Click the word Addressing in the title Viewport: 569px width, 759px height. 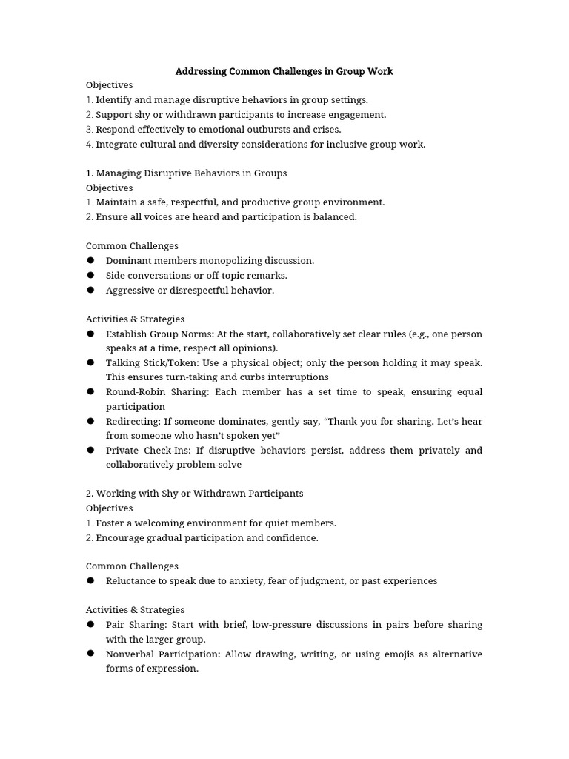point(200,72)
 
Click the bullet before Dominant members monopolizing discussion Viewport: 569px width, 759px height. point(90,260)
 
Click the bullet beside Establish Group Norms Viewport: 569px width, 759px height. point(90,334)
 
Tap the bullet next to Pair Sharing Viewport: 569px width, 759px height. point(90,624)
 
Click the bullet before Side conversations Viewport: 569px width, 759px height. point(90,275)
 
